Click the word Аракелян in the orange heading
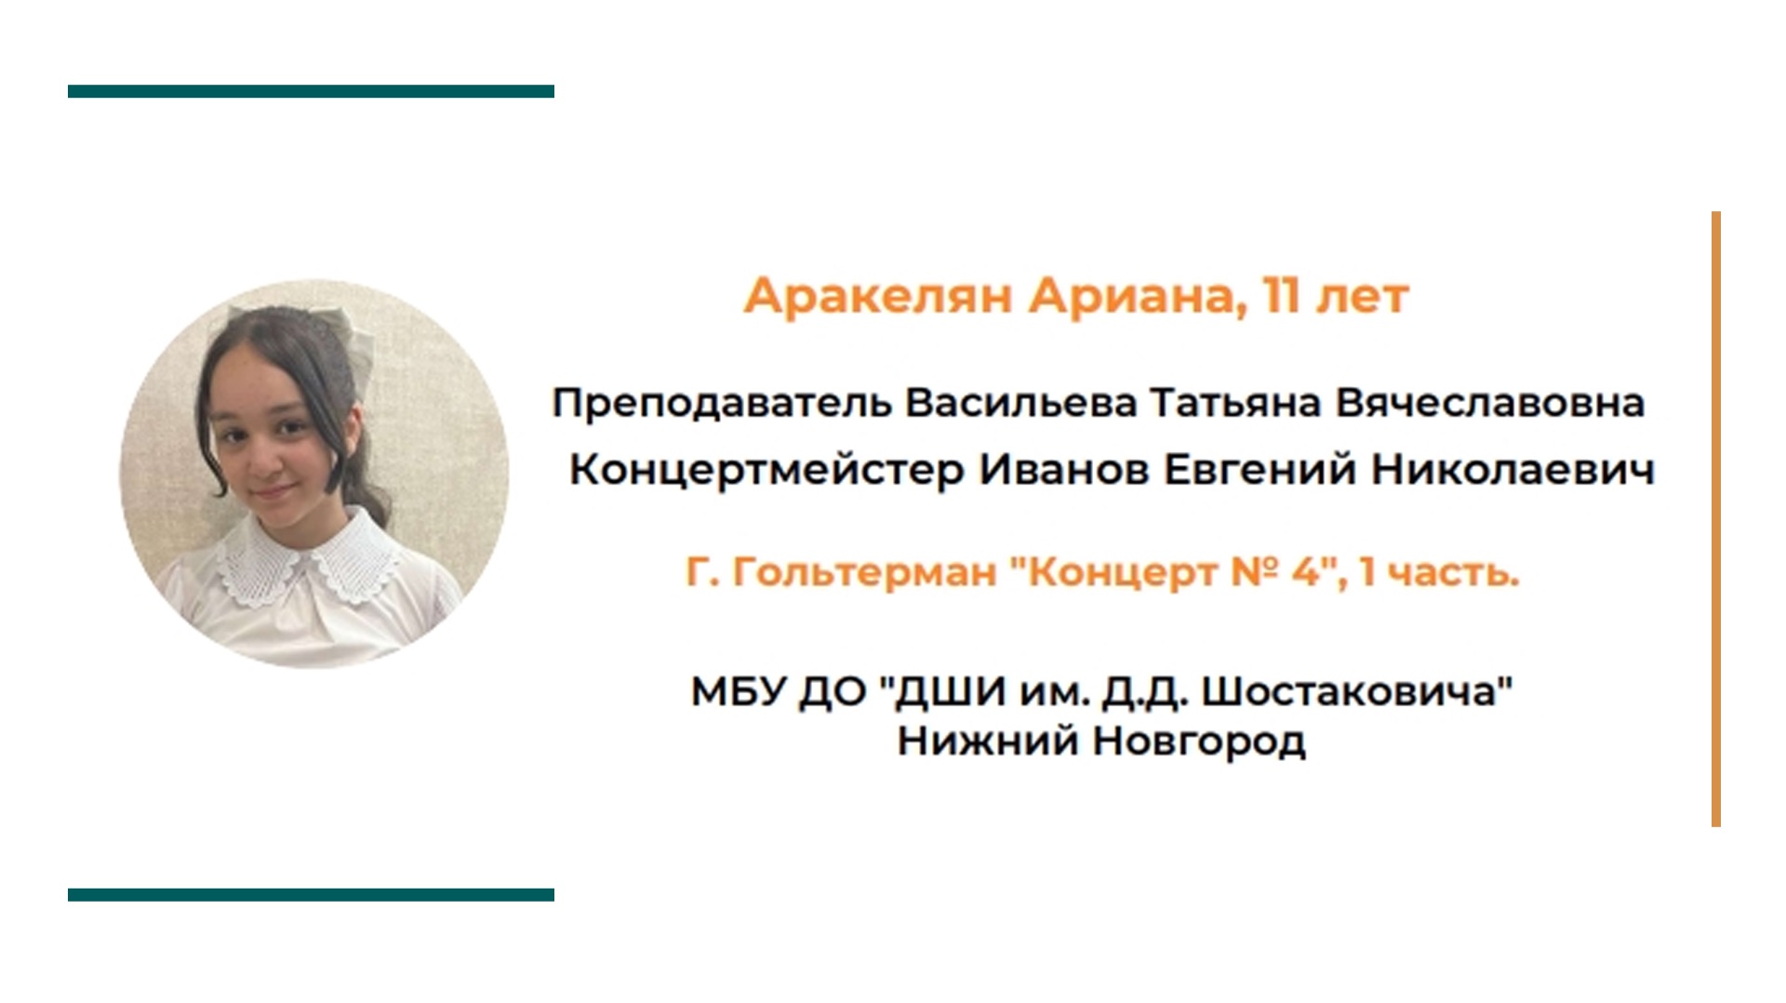click(877, 297)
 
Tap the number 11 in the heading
click(1281, 297)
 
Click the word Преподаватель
click(722, 404)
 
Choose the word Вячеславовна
click(1490, 404)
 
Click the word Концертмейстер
click(766, 470)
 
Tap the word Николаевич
click(1513, 470)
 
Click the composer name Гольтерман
click(864, 573)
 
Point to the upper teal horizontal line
click(311, 91)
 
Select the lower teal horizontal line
click(311, 895)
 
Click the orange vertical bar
click(1716, 519)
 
